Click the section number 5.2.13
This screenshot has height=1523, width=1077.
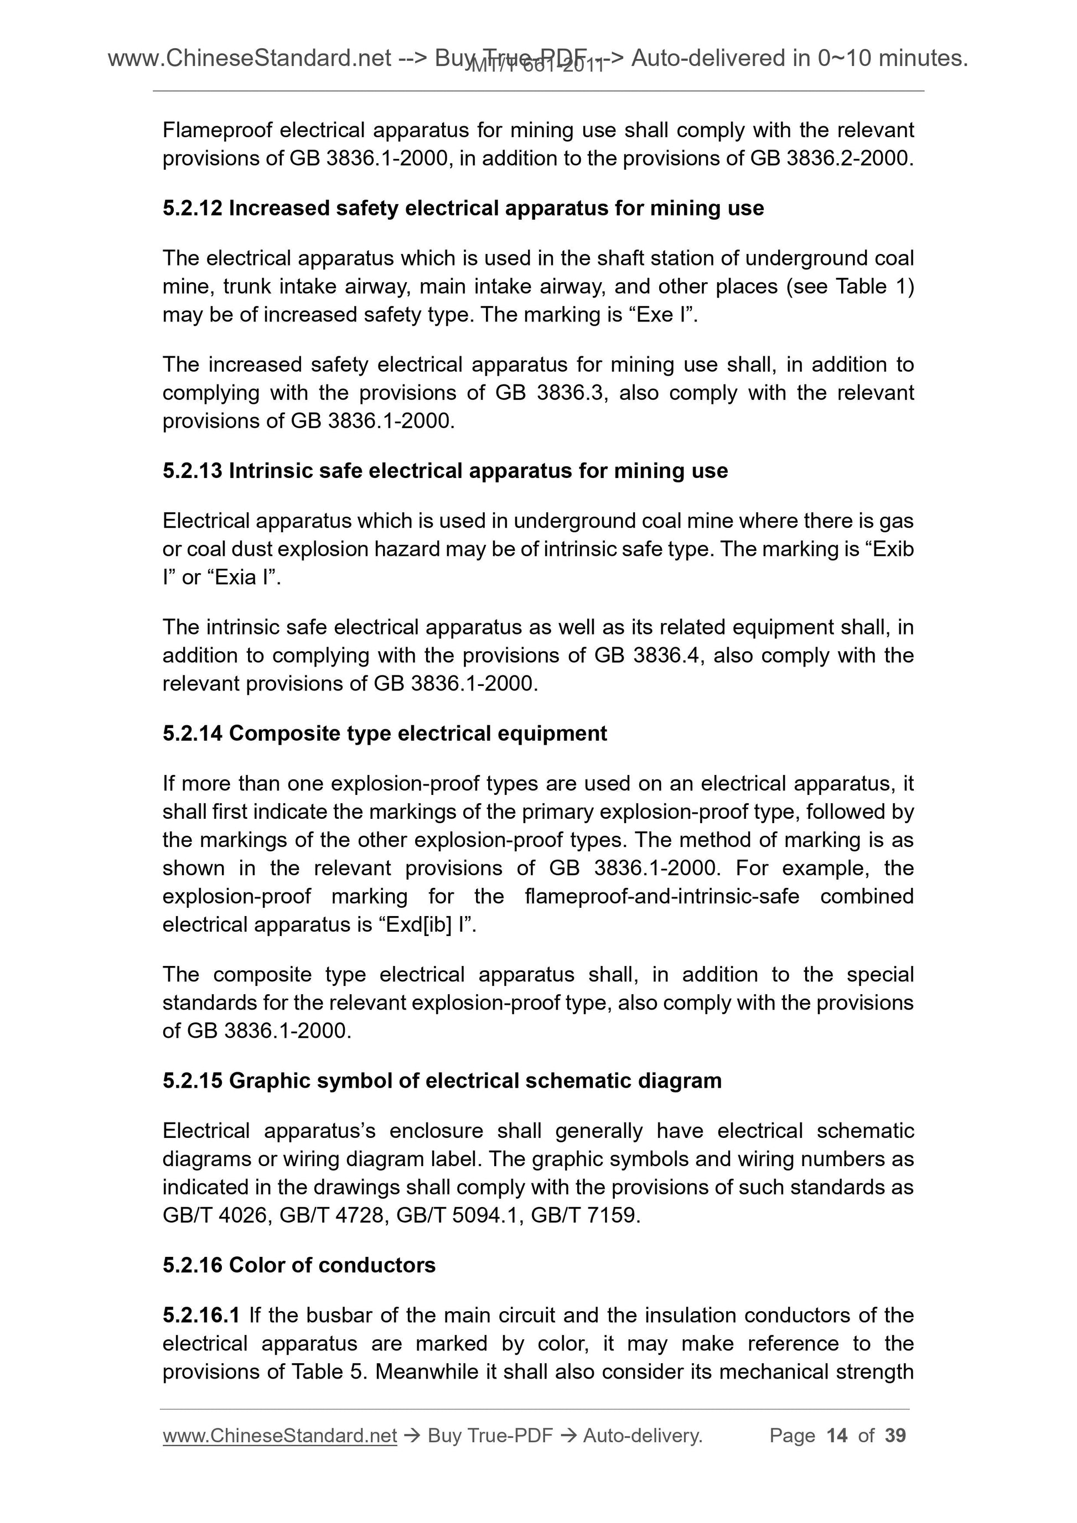click(192, 471)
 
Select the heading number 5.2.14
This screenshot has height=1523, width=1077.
click(192, 734)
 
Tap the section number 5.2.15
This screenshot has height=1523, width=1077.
click(192, 1080)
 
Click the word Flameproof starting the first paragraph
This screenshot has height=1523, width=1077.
click(217, 130)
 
